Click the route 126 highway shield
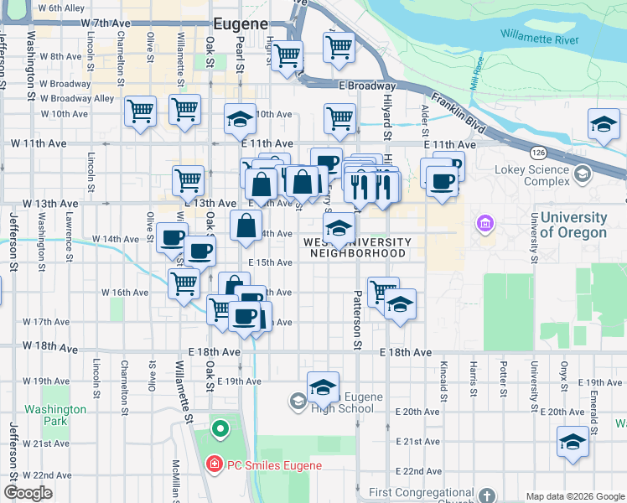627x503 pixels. tap(537, 153)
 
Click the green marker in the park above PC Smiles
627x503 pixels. tap(220, 429)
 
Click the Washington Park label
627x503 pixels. tap(55, 415)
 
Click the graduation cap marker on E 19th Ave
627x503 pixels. tap(323, 386)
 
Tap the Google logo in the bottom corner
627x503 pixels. tap(28, 493)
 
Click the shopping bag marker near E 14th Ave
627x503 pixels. tap(245, 226)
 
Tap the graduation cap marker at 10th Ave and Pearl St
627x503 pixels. tap(240, 120)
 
